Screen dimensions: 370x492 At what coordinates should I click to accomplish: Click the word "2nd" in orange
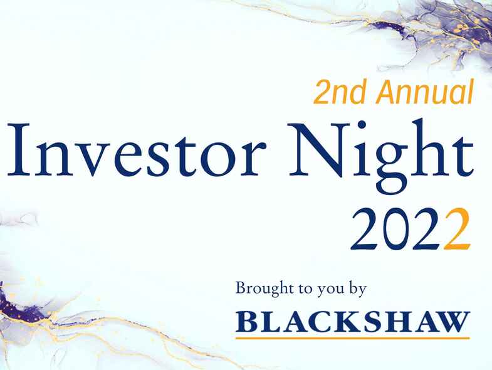[x=340, y=93]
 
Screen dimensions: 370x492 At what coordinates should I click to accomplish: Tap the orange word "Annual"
[x=424, y=93]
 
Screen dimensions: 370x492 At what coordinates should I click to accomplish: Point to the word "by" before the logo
[x=358, y=290]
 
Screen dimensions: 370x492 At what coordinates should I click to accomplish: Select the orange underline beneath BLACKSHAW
[x=352, y=337]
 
